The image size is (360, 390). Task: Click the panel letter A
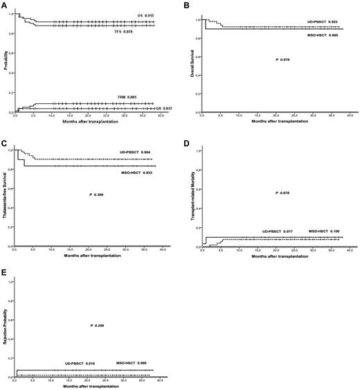[4, 4]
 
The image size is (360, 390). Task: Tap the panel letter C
[4, 143]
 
